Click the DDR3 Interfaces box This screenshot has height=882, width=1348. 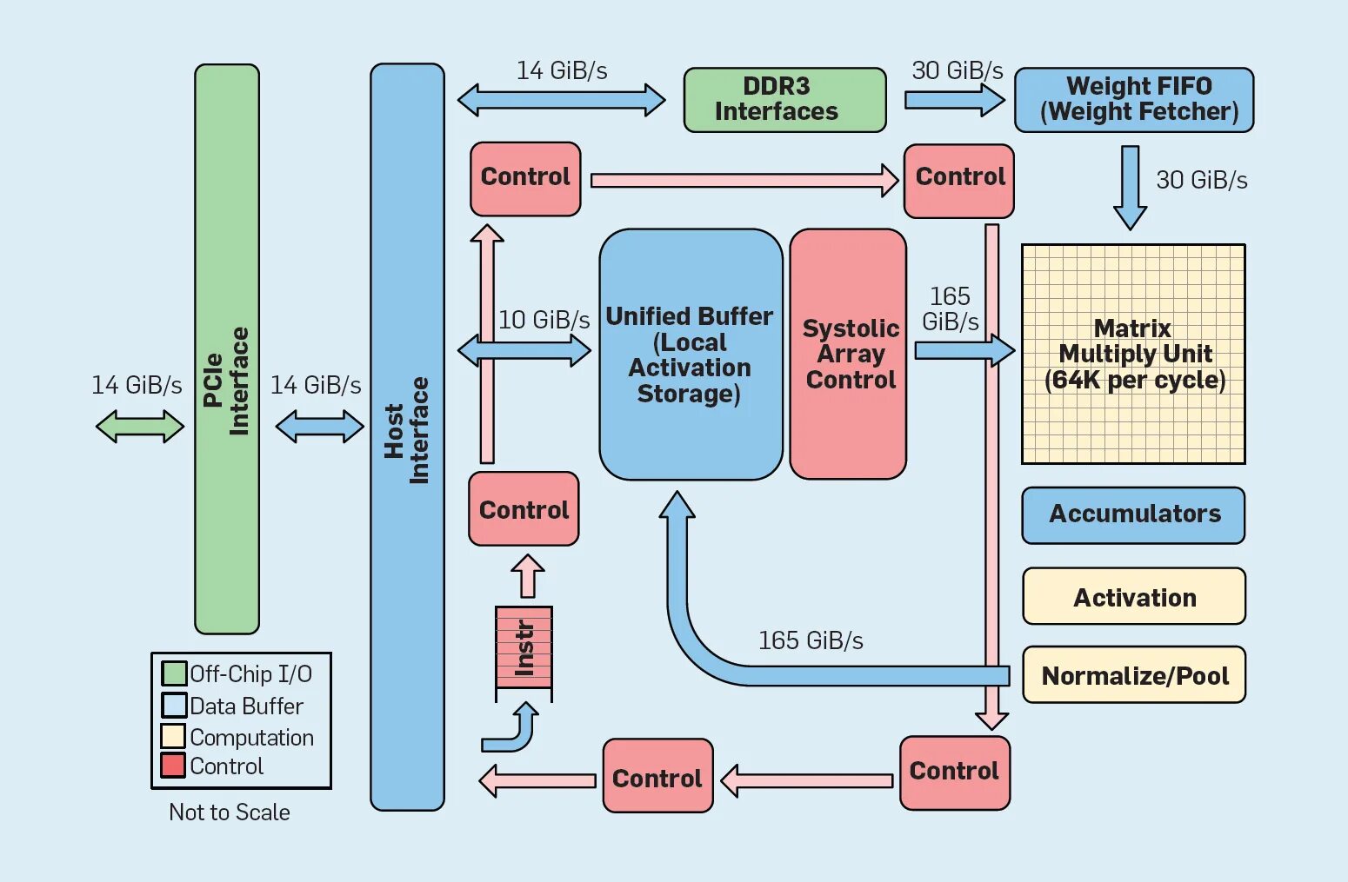[784, 100]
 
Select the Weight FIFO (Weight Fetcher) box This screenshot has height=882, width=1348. [1134, 100]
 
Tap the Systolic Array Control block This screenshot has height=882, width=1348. [848, 355]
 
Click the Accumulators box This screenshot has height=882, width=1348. [1133, 515]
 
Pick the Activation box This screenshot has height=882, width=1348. [1134, 596]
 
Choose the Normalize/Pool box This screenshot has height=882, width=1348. [1134, 674]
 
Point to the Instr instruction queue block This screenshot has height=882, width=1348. [524, 647]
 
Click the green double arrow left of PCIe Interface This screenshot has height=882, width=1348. [140, 427]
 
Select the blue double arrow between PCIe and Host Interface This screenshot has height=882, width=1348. [319, 427]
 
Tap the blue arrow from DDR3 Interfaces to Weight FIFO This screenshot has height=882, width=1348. [954, 100]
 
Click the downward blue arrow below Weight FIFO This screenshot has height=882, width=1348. [1130, 188]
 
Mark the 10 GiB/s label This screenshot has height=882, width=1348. [544, 320]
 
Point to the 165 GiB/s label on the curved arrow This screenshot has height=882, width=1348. [811, 640]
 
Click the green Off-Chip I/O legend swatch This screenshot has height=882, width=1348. [174, 673]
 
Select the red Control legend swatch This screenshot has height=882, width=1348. [173, 766]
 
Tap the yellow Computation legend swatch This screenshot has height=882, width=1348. [173, 735]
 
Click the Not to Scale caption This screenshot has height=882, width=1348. [230, 812]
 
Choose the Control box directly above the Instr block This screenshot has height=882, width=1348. [524, 508]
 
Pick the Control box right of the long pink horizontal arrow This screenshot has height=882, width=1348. [958, 181]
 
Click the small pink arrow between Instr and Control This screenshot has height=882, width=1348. [528, 576]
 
